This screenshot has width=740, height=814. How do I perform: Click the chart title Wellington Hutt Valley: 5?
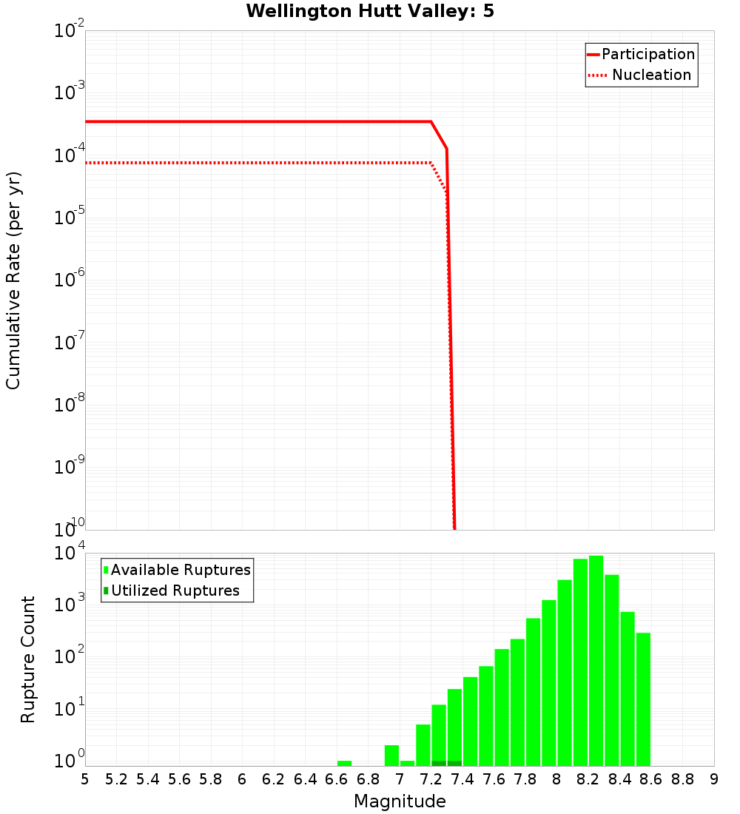[x=370, y=11]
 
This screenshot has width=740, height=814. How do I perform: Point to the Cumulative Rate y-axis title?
[x=13, y=280]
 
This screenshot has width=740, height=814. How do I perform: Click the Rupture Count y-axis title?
[x=28, y=659]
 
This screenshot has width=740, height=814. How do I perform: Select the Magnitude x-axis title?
[x=400, y=801]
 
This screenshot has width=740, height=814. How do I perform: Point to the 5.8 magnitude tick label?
[x=211, y=779]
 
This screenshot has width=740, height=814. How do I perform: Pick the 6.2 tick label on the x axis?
[x=274, y=779]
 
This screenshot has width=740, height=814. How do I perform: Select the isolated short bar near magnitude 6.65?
[x=344, y=763]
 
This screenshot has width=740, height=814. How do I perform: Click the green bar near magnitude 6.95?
[x=391, y=756]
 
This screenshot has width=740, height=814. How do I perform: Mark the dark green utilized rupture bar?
[x=447, y=763]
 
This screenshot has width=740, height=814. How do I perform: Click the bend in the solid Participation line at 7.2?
[x=431, y=121]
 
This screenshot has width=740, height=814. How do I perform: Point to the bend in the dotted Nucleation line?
[x=431, y=162]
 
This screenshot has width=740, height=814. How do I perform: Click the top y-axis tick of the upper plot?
[x=70, y=31]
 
